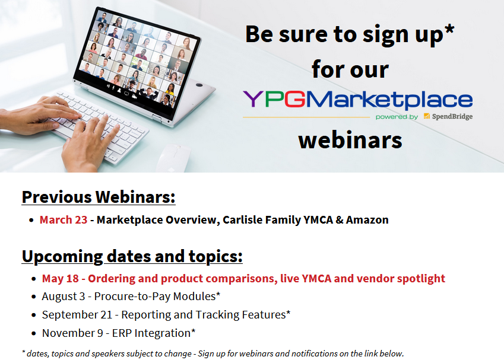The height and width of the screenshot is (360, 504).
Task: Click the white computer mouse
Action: pyautogui.click(x=173, y=158)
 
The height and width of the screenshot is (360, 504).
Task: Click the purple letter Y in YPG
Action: pyautogui.click(x=253, y=98)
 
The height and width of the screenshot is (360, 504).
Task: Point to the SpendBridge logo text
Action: pyautogui.click(x=452, y=117)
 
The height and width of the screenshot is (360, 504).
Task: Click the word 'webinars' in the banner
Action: pyautogui.click(x=350, y=140)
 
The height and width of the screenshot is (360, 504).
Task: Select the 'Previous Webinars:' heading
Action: pyautogui.click(x=99, y=196)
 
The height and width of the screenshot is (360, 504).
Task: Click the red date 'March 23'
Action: pyautogui.click(x=64, y=219)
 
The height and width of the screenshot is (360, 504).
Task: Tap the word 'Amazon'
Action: pyautogui.click(x=367, y=219)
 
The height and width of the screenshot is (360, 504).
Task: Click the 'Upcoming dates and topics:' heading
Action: pyautogui.click(x=132, y=256)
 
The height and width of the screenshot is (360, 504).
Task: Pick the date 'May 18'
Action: pyautogui.click(x=60, y=278)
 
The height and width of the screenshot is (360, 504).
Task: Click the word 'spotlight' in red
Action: pyautogui.click(x=421, y=278)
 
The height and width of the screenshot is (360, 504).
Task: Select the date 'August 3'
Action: pyautogui.click(x=64, y=296)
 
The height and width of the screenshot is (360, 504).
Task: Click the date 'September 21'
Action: pyautogui.click(x=77, y=315)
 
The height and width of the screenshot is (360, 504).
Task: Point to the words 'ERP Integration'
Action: pyautogui.click(x=151, y=333)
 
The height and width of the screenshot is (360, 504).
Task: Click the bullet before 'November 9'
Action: pyautogui.click(x=34, y=334)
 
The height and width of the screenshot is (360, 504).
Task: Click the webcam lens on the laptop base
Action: pyautogui.click(x=199, y=85)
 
